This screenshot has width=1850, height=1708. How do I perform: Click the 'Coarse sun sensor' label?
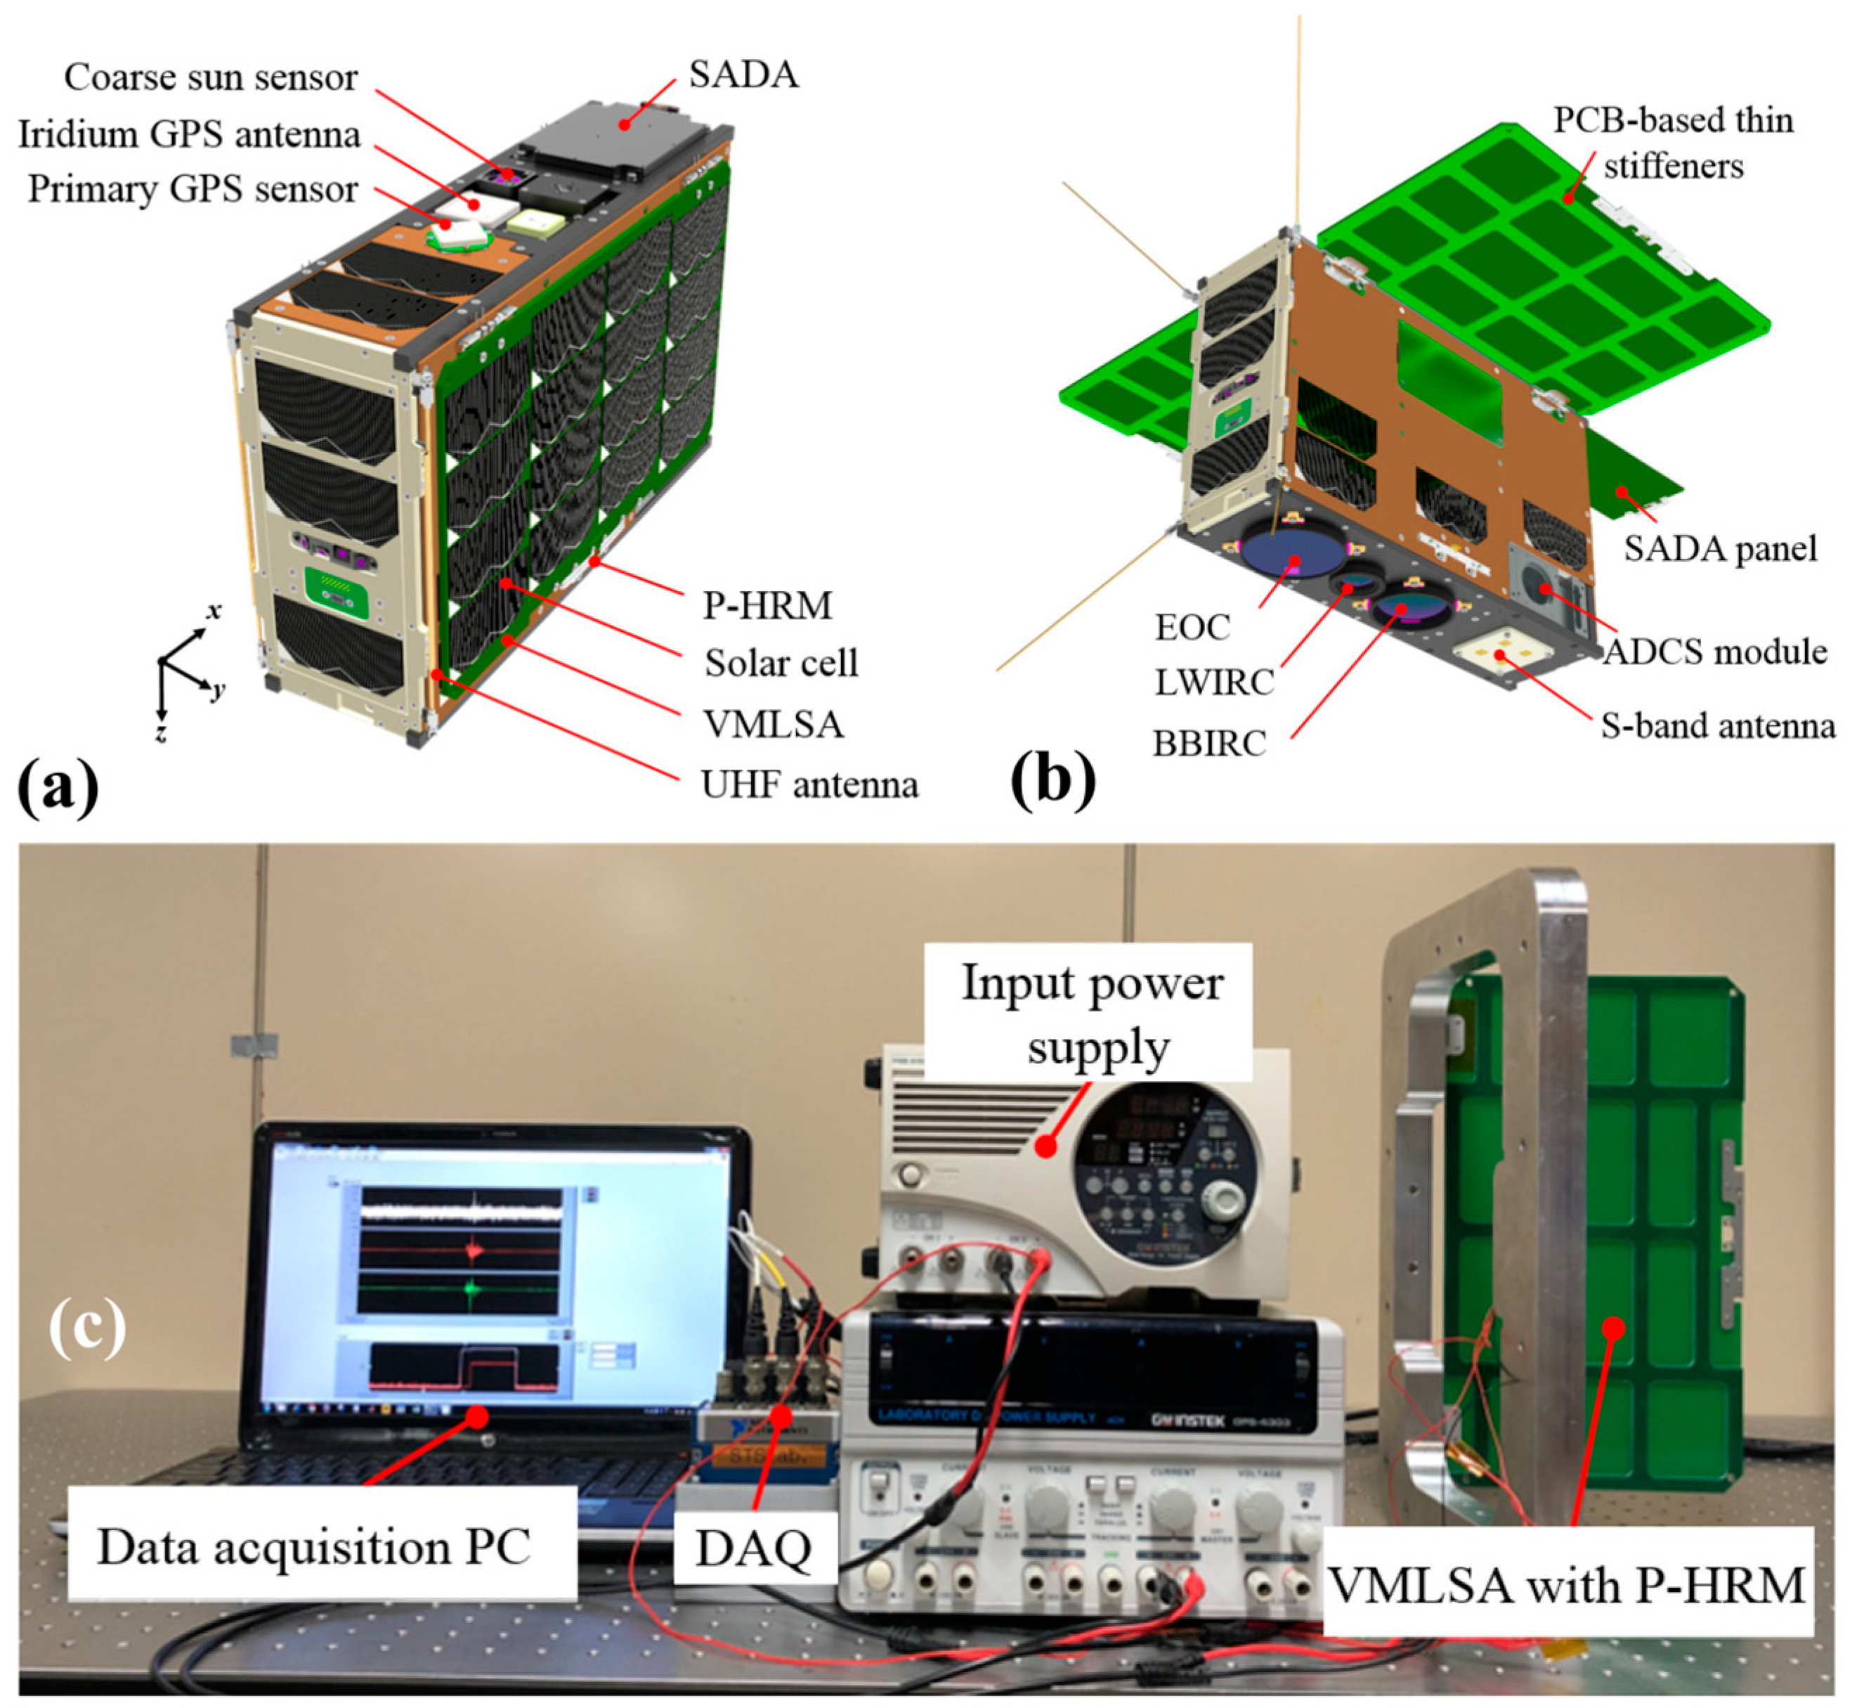pyautogui.click(x=211, y=77)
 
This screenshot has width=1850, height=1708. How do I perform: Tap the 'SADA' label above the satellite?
pyautogui.click(x=743, y=74)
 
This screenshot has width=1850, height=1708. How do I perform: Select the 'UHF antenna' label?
pyautogui.click(x=809, y=784)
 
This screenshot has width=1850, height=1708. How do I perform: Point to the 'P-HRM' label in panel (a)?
pyautogui.click(x=767, y=605)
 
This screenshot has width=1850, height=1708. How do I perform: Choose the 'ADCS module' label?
pyautogui.click(x=1714, y=652)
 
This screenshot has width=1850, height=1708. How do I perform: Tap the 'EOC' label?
pyautogui.click(x=1192, y=628)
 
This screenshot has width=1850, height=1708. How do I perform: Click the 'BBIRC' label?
pyautogui.click(x=1209, y=742)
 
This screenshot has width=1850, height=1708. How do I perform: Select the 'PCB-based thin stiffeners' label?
pyautogui.click(x=1672, y=143)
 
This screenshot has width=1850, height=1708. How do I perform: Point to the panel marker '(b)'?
pyautogui.click(x=1053, y=781)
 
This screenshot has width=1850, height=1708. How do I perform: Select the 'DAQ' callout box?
pyautogui.click(x=753, y=1548)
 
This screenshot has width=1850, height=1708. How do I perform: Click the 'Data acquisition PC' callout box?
pyautogui.click(x=314, y=1546)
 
